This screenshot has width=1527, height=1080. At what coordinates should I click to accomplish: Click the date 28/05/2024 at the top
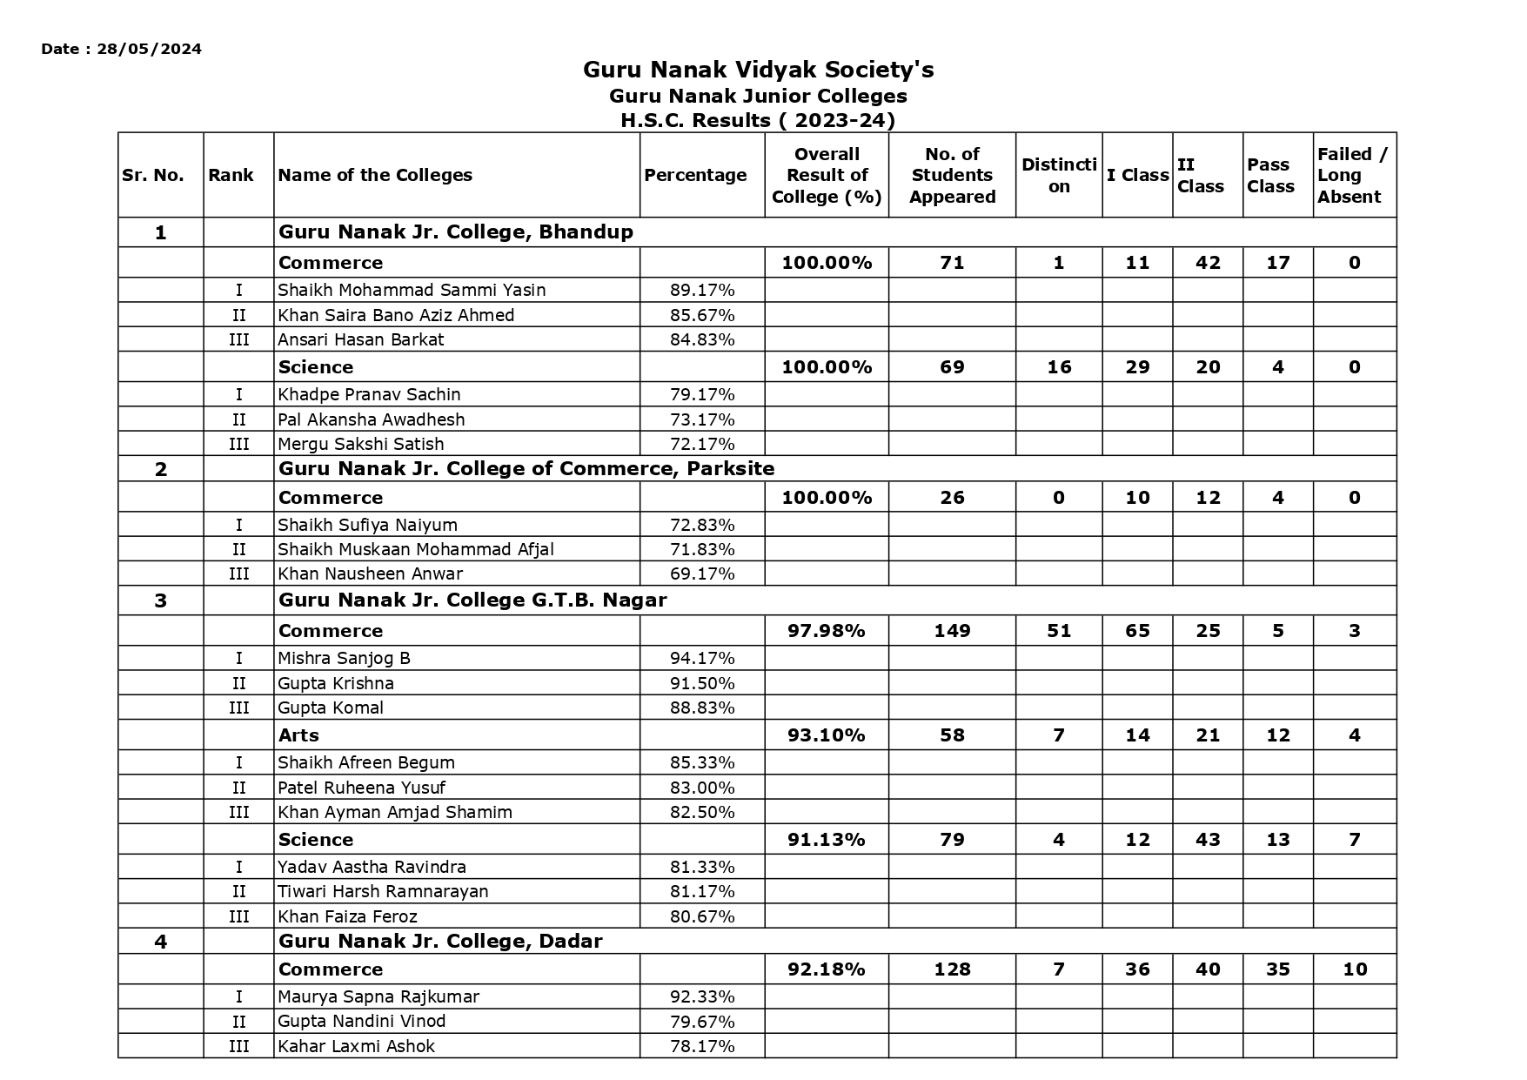[149, 49]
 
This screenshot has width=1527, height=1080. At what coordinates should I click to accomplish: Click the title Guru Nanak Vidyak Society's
[758, 70]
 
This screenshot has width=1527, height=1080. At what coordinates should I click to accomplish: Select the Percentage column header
[694, 175]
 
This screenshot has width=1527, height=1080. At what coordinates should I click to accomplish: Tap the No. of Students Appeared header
[952, 175]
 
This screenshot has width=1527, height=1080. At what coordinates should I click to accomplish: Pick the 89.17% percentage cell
[701, 290]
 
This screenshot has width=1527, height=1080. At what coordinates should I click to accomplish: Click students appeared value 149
[952, 631]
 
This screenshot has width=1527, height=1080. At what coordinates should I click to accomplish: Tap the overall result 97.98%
[826, 631]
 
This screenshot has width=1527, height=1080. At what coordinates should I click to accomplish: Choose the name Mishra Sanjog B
[344, 658]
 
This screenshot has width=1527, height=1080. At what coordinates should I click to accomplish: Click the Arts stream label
[298, 735]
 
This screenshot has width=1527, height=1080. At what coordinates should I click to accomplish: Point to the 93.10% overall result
[826, 735]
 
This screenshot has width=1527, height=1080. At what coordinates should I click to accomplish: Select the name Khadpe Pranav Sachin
[369, 394]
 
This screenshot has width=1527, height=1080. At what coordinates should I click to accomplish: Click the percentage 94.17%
[701, 658]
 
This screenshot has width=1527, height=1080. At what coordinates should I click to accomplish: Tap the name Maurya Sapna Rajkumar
[378, 996]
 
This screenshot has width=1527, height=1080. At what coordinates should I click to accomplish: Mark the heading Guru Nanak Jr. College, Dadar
[440, 941]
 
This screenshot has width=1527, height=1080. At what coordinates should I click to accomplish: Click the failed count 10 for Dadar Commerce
[1354, 969]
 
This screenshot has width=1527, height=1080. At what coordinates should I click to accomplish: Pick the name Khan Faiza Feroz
[347, 916]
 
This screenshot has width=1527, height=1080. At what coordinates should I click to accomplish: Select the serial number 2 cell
[160, 470]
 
